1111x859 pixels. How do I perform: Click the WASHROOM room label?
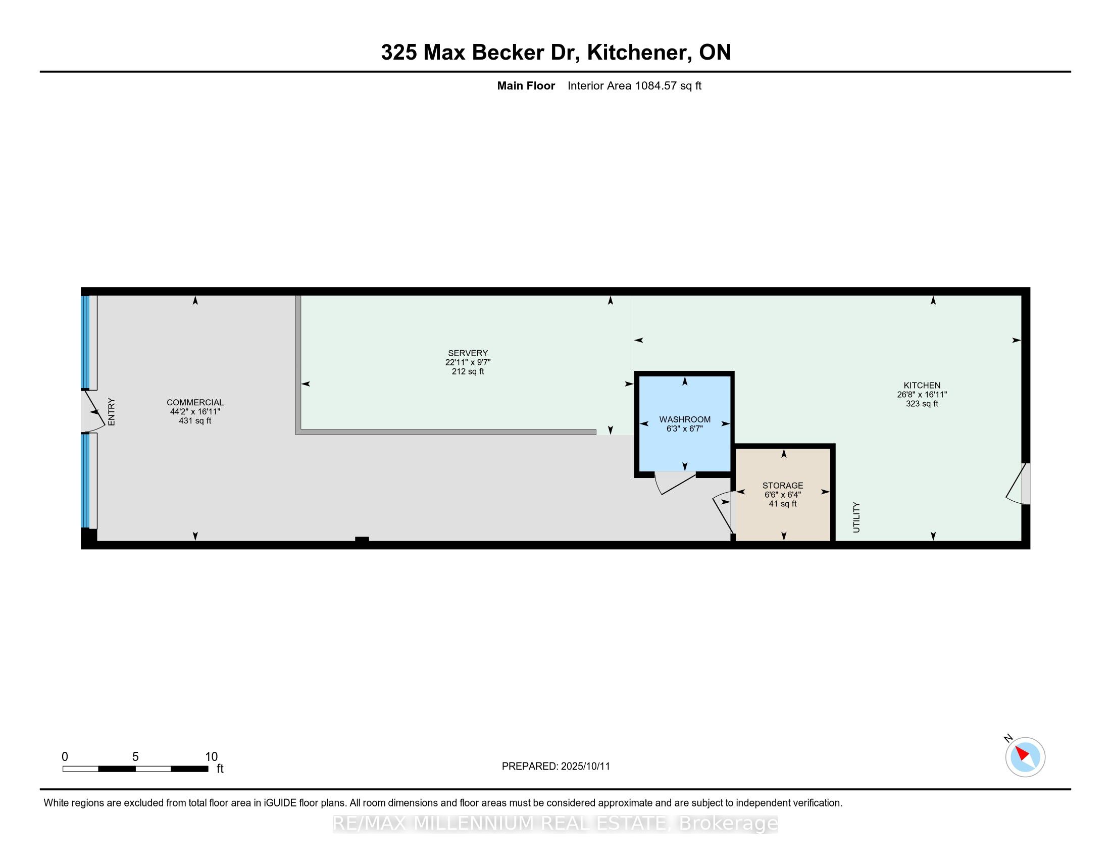(x=685, y=419)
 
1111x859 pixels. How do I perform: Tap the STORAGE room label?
(x=782, y=486)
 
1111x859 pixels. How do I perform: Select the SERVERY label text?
(x=468, y=353)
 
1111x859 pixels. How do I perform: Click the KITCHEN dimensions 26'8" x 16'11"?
(x=922, y=395)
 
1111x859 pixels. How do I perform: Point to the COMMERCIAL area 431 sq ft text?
(x=195, y=421)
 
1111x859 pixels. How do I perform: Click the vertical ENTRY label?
(x=112, y=412)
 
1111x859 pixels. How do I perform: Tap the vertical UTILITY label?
(x=856, y=517)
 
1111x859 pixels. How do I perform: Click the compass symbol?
(x=1025, y=757)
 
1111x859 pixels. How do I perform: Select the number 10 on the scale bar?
(x=211, y=757)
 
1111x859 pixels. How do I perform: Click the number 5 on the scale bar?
(x=135, y=757)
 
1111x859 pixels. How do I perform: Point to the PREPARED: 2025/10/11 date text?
(x=555, y=767)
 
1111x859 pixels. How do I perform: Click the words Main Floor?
(x=526, y=86)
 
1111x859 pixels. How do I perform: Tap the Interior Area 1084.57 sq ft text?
(x=634, y=86)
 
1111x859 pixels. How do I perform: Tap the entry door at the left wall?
(x=93, y=411)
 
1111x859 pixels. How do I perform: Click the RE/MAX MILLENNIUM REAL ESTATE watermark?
(x=555, y=823)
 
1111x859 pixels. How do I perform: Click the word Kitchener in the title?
(x=639, y=52)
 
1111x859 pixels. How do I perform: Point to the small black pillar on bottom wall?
(x=362, y=540)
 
